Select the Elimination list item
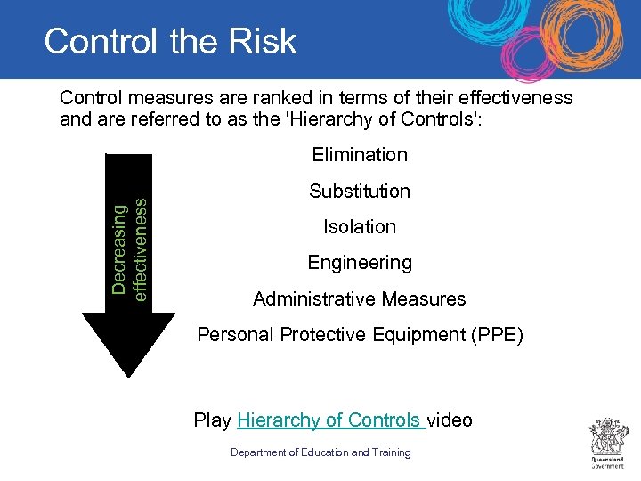360,154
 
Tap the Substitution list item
360,191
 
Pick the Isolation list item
360,226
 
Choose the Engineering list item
360,263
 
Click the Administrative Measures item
360,298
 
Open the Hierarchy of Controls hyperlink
329,420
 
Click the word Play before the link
213,420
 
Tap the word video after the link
450,420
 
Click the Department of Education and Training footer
320,452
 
